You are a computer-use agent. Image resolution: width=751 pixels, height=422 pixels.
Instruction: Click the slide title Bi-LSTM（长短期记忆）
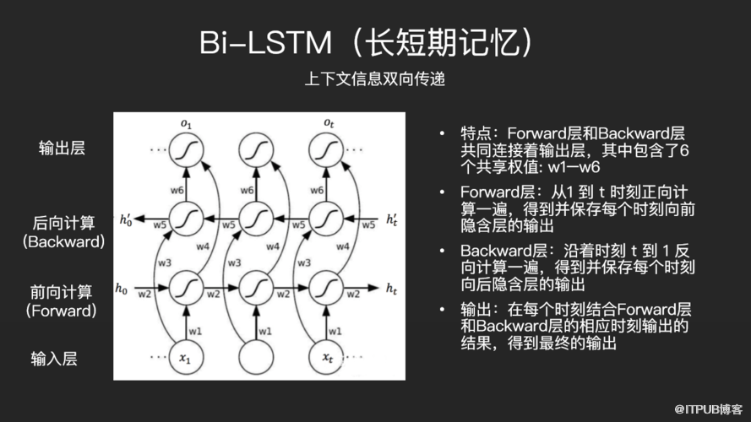pos(367,42)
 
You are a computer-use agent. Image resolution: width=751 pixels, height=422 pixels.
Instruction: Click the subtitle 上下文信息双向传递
pos(375,79)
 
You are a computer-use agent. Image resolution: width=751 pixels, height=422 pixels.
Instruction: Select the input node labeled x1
pos(186,357)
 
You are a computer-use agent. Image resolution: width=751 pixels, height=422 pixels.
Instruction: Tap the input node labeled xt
pos(326,357)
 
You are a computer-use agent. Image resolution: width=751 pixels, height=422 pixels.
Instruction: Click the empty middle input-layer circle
pos(256,357)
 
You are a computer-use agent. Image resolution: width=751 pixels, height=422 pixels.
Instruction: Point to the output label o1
pos(186,124)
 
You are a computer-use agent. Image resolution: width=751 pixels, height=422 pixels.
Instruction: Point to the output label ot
pos(329,123)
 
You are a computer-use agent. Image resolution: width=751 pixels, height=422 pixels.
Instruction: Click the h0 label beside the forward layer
pos(121,289)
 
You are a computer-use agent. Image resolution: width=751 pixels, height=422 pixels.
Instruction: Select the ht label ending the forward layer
pos(392,289)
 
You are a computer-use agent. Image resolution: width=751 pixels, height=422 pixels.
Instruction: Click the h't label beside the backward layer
pos(392,219)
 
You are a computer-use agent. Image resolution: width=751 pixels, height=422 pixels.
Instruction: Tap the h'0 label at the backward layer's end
pos(126,219)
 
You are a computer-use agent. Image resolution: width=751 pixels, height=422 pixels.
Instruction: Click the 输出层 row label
pos(62,148)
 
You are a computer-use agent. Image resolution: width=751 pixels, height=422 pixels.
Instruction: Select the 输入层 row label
pos(54,359)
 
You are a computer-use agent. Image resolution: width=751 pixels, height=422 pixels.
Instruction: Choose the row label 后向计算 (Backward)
pos(63,232)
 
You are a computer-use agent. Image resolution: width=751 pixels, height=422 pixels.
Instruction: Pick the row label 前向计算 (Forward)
pos(62,301)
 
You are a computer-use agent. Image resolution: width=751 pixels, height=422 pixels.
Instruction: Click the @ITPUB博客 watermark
pos(709,409)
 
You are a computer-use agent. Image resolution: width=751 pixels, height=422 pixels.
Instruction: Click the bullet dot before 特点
pos(442,133)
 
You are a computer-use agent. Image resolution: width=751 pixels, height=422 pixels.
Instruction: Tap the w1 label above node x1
pos(195,331)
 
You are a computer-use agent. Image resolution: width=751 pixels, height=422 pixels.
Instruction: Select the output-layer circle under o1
pos(186,149)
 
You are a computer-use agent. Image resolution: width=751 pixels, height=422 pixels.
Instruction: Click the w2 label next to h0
pos(144,295)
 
